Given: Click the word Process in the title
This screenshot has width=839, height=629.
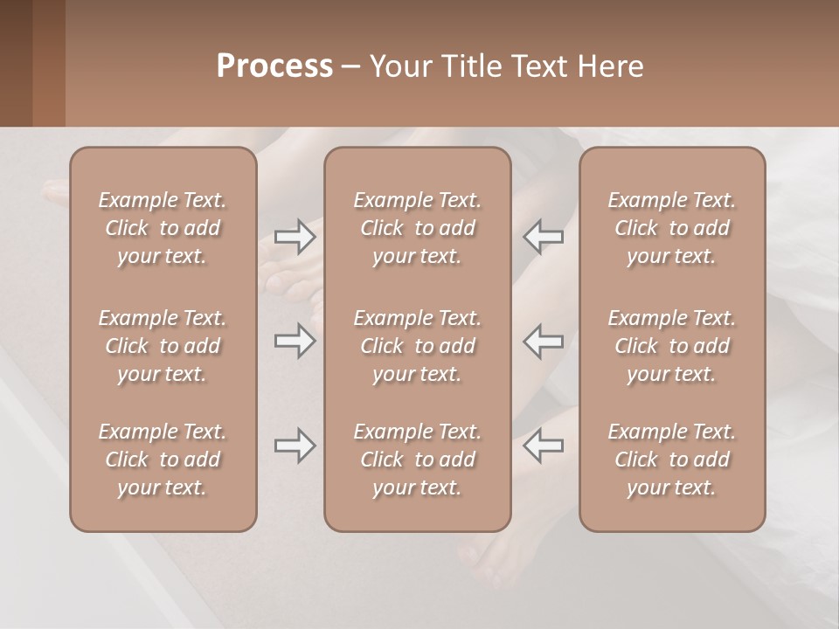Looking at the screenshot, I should click(x=274, y=66).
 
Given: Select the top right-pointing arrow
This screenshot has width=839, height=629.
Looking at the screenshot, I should click(x=295, y=237).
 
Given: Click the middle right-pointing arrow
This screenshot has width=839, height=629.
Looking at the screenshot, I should click(x=295, y=341).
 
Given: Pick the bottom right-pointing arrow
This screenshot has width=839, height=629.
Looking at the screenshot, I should click(x=295, y=446).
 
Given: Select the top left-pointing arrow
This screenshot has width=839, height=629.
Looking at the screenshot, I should click(x=544, y=237).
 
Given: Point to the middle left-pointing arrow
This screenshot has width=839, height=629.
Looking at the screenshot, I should click(x=544, y=341).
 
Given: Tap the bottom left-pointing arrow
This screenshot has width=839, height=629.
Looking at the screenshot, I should click(x=544, y=446).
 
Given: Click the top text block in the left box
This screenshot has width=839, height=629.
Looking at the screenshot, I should click(x=163, y=228).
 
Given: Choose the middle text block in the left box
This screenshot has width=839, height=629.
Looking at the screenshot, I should click(x=163, y=346).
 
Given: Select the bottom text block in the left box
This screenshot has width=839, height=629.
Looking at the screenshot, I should click(x=163, y=460).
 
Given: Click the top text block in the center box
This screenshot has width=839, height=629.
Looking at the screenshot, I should click(x=417, y=228).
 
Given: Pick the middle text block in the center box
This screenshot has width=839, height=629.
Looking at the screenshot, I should click(x=417, y=346).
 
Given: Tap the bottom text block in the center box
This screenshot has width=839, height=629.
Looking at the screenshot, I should click(x=417, y=460).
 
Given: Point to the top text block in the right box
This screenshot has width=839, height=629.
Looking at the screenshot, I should click(x=671, y=228).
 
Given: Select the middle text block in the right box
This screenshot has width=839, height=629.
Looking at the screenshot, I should click(x=671, y=346).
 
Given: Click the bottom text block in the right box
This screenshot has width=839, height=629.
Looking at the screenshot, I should click(x=671, y=460).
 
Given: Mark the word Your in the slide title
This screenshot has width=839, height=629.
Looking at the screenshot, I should click(x=398, y=66).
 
